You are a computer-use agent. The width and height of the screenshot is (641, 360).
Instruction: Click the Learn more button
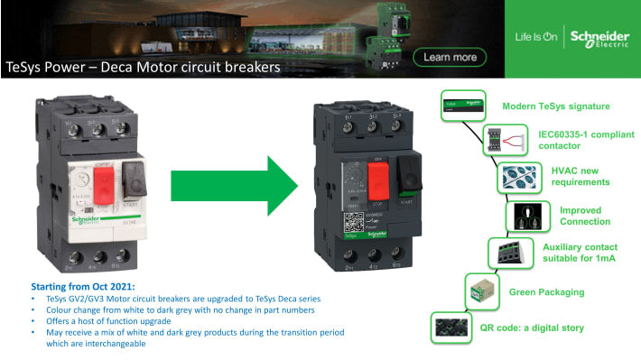click(x=450, y=58)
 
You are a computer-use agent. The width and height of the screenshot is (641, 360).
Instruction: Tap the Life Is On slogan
click(x=536, y=38)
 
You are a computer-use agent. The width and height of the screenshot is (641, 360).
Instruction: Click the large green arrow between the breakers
click(x=234, y=180)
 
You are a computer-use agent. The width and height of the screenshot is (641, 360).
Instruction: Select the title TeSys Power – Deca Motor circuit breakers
click(x=143, y=68)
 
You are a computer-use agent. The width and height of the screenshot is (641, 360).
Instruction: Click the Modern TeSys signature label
click(x=556, y=106)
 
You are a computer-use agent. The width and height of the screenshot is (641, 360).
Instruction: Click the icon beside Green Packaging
click(x=478, y=291)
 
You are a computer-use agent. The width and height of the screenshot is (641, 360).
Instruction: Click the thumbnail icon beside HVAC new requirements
click(x=517, y=178)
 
